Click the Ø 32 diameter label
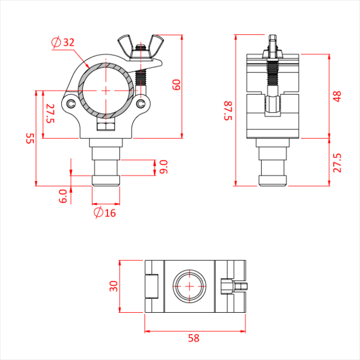(x=63, y=43)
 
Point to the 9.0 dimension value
(x=164, y=167)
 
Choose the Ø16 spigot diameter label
(x=105, y=212)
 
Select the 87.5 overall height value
(x=228, y=111)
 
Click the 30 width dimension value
(x=114, y=286)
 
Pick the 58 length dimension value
(x=193, y=338)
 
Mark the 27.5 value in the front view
(x=50, y=113)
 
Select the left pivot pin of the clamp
(x=70, y=104)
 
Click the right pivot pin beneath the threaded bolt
(x=141, y=104)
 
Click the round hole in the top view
(x=190, y=286)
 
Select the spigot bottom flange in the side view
(x=273, y=181)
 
